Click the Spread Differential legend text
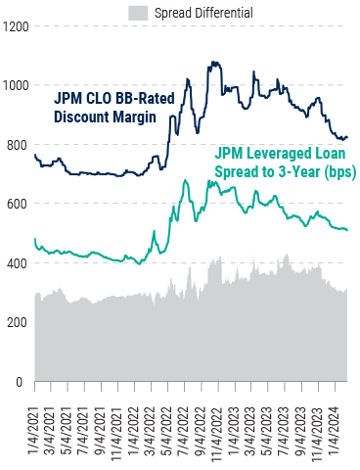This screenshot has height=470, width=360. [203, 13]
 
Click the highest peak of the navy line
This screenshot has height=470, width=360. [211, 63]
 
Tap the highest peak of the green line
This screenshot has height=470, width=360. [209, 181]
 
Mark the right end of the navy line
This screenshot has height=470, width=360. [347, 137]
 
